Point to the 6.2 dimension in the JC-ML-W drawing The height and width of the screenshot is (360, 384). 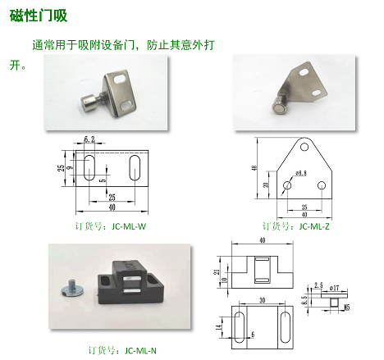coord(89,140)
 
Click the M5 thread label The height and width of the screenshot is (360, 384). coord(347,307)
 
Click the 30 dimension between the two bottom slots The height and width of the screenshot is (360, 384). coord(262,301)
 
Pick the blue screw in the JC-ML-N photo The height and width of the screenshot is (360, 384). coord(67,288)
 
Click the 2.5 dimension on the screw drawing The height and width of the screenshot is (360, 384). coord(318,285)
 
